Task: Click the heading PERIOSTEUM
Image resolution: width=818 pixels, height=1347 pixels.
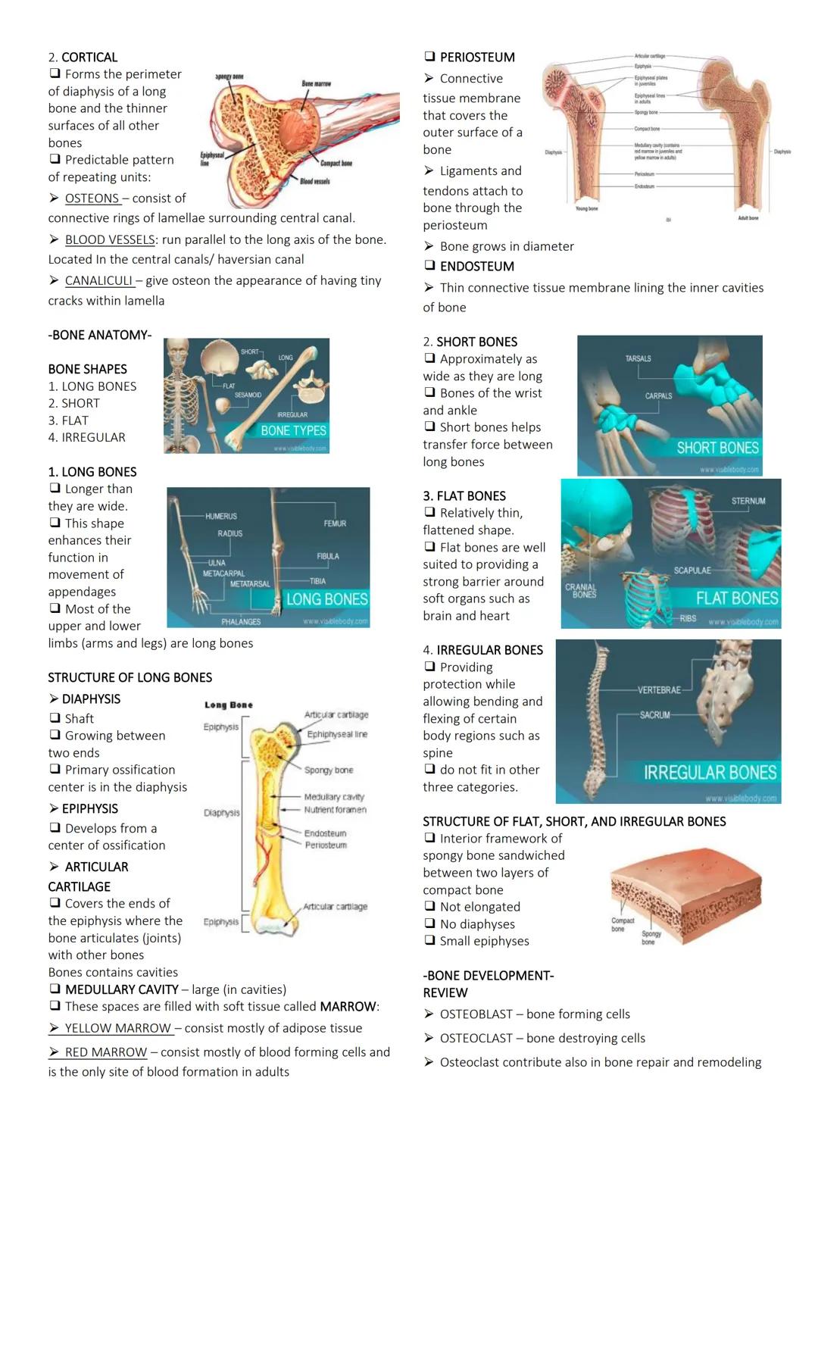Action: pyautogui.click(x=477, y=58)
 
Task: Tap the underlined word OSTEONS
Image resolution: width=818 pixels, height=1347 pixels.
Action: pyautogui.click(x=92, y=198)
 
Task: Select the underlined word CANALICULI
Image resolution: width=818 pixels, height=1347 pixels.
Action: pyautogui.click(x=98, y=281)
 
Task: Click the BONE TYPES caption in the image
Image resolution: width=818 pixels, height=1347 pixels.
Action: pyautogui.click(x=293, y=430)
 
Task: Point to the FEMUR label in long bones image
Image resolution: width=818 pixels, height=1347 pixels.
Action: pyautogui.click(x=335, y=523)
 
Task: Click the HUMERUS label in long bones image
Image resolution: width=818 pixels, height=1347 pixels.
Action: pyautogui.click(x=220, y=516)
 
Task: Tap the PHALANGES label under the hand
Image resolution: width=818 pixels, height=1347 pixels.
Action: pyautogui.click(x=241, y=621)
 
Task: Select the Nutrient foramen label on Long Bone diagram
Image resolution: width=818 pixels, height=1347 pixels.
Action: pyautogui.click(x=335, y=810)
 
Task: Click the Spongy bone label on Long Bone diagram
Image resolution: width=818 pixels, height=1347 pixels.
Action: pyautogui.click(x=329, y=770)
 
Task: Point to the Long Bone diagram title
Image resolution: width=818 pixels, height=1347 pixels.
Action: pyautogui.click(x=229, y=705)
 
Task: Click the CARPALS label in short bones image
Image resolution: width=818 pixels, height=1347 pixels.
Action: pyautogui.click(x=658, y=395)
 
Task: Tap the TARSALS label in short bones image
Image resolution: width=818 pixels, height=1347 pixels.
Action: pyautogui.click(x=638, y=358)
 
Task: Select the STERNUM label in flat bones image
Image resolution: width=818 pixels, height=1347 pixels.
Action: pyautogui.click(x=748, y=501)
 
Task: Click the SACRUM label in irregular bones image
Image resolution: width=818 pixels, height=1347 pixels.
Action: pyautogui.click(x=655, y=714)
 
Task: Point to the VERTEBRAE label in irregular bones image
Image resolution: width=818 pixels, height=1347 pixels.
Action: pyautogui.click(x=659, y=689)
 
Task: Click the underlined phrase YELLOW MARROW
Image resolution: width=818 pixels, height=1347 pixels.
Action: pyautogui.click(x=117, y=1029)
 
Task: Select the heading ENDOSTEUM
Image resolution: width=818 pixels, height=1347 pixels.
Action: pyautogui.click(x=476, y=267)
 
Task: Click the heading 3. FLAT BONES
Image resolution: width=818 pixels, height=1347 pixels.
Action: pyautogui.click(x=464, y=496)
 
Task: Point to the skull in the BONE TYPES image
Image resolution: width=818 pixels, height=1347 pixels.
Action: pyautogui.click(x=220, y=357)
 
